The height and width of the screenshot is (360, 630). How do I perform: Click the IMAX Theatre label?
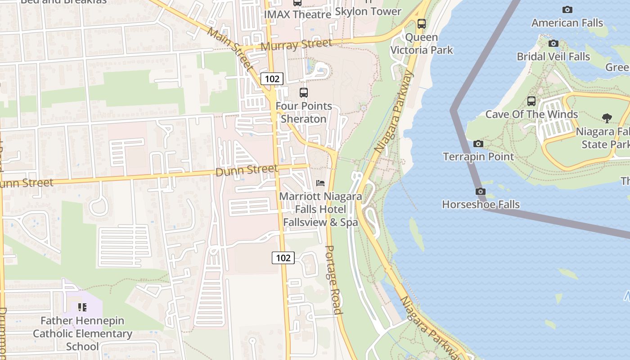click(297, 14)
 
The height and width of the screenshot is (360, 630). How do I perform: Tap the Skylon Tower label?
click(368, 11)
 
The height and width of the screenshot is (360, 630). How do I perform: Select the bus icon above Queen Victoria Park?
click(421, 24)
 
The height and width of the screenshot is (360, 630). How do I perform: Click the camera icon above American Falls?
click(567, 9)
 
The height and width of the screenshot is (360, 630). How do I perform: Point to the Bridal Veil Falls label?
click(553, 57)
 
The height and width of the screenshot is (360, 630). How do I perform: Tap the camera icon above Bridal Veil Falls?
click(553, 44)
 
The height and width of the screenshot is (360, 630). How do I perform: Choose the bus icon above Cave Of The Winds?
click(531, 101)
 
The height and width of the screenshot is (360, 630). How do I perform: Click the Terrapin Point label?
click(478, 157)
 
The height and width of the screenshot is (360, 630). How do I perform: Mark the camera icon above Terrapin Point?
click(478, 144)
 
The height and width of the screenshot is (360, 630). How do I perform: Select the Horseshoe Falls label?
click(481, 204)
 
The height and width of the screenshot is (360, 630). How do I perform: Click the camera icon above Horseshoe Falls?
click(481, 192)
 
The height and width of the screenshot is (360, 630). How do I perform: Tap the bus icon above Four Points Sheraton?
click(304, 93)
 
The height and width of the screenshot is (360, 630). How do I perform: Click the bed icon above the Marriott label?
click(320, 183)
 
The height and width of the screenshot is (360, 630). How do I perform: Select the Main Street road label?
click(231, 49)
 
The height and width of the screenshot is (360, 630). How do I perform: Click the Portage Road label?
click(333, 280)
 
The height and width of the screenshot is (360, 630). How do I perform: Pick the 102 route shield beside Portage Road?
click(283, 258)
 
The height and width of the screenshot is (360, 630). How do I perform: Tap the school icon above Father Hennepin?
click(82, 307)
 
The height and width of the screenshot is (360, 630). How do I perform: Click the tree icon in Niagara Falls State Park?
click(607, 118)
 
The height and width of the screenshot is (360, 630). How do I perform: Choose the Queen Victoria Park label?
click(422, 44)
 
